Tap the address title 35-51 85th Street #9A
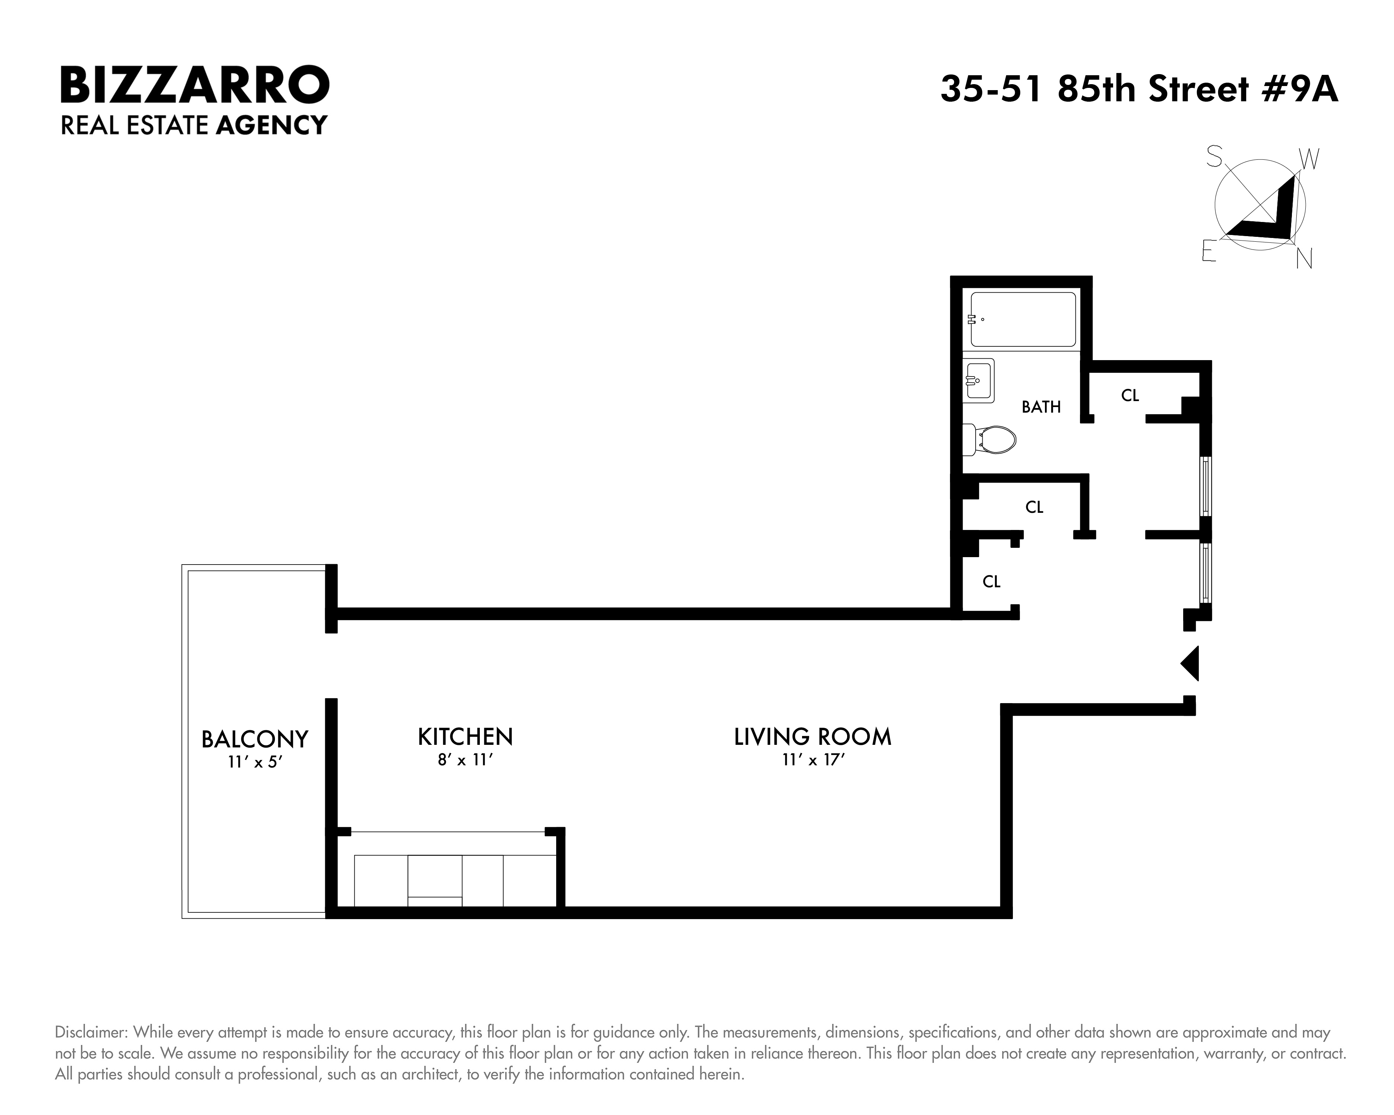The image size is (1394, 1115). [x=1138, y=89]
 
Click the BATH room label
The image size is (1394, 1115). [x=1041, y=407]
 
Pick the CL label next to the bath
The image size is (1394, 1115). [x=1130, y=395]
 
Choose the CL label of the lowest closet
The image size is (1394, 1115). [x=991, y=582]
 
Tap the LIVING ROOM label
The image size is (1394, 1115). [x=812, y=736]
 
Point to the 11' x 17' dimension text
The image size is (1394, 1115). [x=813, y=760]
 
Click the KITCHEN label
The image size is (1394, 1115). [x=465, y=736]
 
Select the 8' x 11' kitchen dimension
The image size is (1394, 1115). [x=465, y=760]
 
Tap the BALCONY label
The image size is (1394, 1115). [x=255, y=739]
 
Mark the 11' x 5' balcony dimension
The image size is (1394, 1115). [x=255, y=763]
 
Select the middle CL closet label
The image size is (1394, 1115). [x=1034, y=507]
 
